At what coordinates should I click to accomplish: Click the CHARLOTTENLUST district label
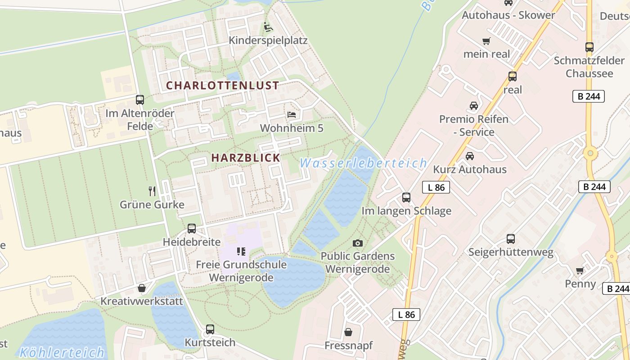(x=222, y=85)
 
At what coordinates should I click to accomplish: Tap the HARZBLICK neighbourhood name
(x=246, y=157)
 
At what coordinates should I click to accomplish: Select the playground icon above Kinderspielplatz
(x=268, y=27)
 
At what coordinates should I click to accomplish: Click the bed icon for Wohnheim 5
(x=292, y=115)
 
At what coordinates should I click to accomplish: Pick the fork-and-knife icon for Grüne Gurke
(x=152, y=191)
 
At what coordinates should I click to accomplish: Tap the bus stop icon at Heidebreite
(x=192, y=229)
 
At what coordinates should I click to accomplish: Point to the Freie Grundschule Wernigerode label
(x=241, y=271)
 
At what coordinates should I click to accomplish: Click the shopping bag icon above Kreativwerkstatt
(x=142, y=288)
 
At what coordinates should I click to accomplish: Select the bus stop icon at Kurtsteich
(x=210, y=329)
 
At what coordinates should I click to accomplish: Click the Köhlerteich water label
(x=62, y=352)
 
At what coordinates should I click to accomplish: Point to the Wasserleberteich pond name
(x=363, y=163)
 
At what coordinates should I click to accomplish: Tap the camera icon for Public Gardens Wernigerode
(x=358, y=243)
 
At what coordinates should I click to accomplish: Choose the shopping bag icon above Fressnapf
(x=348, y=333)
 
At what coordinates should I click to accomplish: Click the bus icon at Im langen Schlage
(x=406, y=197)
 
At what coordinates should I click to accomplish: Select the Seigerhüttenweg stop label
(x=511, y=252)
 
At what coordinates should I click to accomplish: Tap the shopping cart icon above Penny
(x=580, y=270)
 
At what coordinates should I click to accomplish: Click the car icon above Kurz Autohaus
(x=470, y=156)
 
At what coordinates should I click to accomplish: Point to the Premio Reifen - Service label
(x=474, y=126)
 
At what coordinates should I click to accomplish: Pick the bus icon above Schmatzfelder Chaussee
(x=589, y=47)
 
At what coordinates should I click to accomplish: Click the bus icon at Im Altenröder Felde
(x=140, y=100)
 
